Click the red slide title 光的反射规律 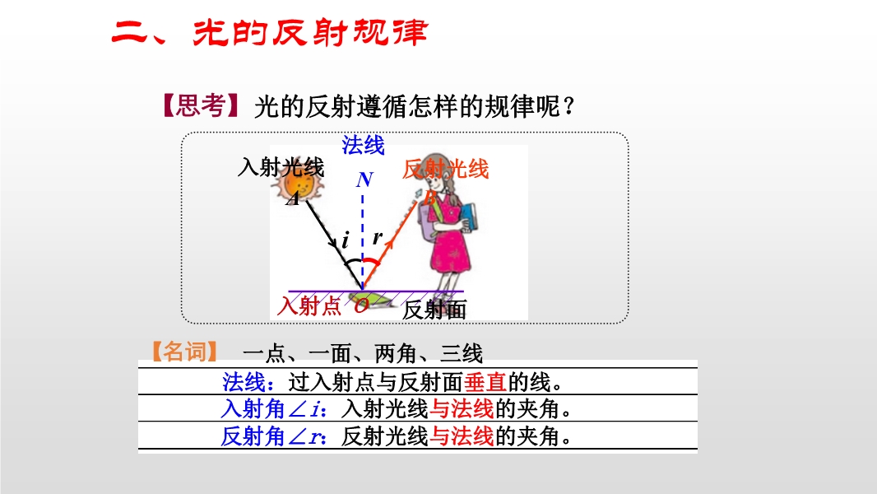click(310, 32)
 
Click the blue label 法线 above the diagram click(363, 145)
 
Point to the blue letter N click(364, 179)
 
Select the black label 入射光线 click(281, 166)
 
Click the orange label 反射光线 click(445, 169)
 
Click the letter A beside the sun click(293, 198)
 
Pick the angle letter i click(346, 240)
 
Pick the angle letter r click(378, 237)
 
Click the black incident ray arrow click(335, 245)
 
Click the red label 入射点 click(309, 305)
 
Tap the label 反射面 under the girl click(434, 310)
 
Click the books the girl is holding click(468, 217)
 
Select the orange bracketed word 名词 click(184, 352)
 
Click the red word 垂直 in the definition click(485, 382)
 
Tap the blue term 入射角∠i click(272, 409)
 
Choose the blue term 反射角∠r click(272, 436)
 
